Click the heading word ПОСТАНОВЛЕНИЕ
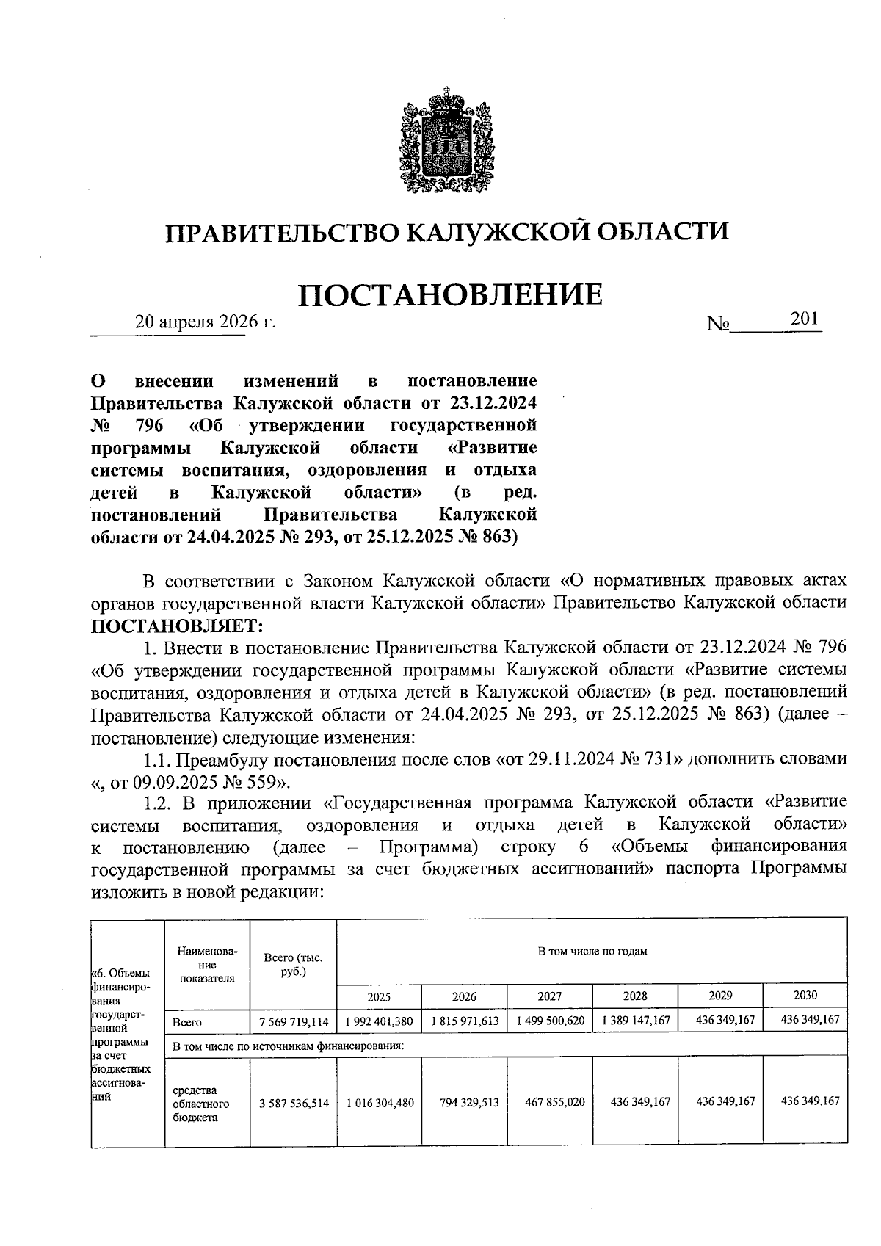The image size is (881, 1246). click(450, 294)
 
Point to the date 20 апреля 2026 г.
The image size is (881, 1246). click(205, 322)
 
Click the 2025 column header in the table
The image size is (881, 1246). click(379, 996)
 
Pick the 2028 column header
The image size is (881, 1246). click(635, 996)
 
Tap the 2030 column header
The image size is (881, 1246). click(805, 996)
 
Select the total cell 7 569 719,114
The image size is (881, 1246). click(294, 1021)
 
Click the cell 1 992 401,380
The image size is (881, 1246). click(379, 1021)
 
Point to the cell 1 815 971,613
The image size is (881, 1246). click(464, 1021)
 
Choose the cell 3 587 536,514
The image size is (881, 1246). click(294, 1103)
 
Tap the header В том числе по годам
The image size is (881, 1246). click(592, 952)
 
